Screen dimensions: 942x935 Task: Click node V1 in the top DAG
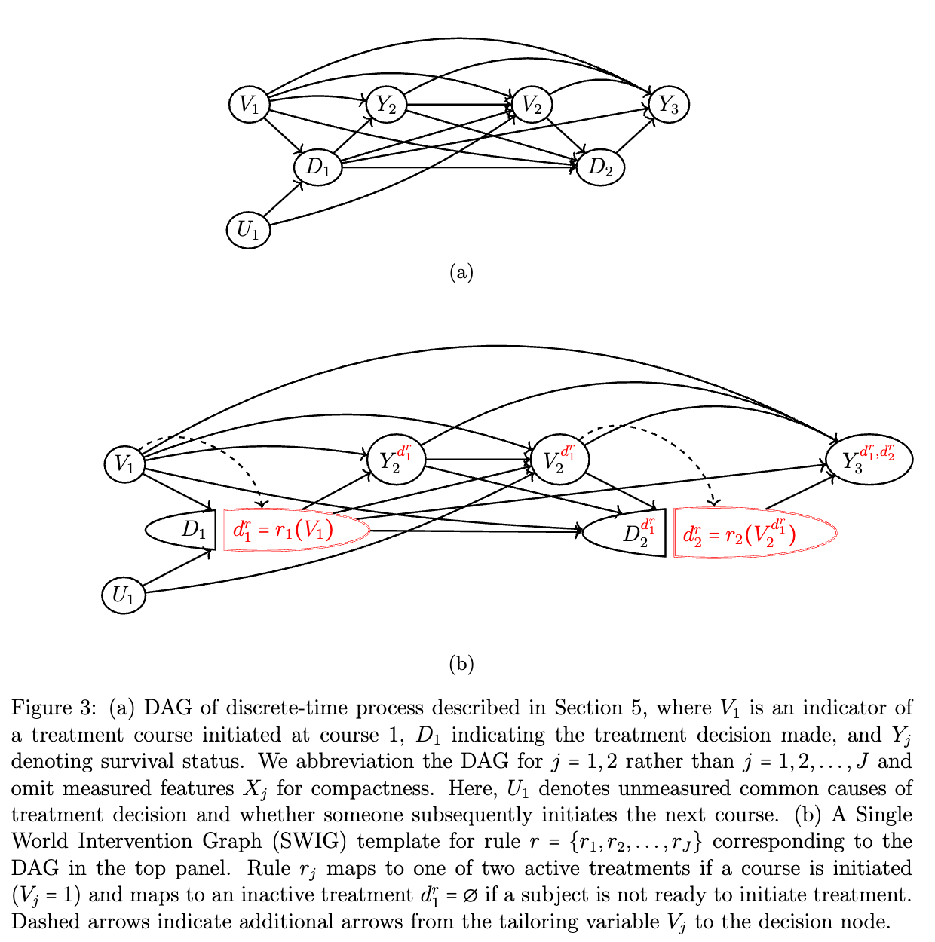[x=250, y=104]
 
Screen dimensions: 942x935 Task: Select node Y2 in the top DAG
[x=386, y=104]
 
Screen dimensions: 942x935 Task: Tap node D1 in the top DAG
[x=318, y=167]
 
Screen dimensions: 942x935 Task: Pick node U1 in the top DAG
[x=248, y=229]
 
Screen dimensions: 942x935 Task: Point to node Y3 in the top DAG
[x=668, y=104]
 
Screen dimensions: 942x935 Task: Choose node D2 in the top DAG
[x=600, y=167]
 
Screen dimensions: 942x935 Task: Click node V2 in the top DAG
[x=532, y=104]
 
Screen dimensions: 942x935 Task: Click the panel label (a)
[x=461, y=271]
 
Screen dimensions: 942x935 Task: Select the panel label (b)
[x=461, y=664]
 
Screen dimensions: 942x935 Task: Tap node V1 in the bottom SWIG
[x=124, y=463]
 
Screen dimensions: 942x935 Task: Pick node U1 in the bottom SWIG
[x=124, y=595]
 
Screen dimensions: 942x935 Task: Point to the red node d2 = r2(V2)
[x=754, y=534]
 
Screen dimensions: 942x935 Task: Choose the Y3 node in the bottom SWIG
[x=869, y=458]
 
